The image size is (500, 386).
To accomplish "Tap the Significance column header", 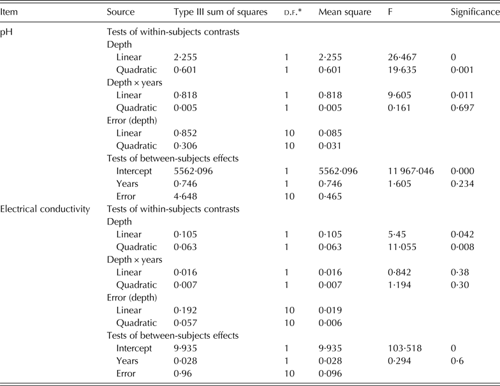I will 474,12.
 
